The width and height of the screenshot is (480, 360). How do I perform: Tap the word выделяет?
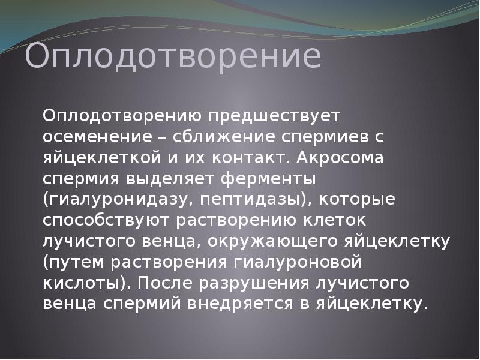click(x=173, y=179)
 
